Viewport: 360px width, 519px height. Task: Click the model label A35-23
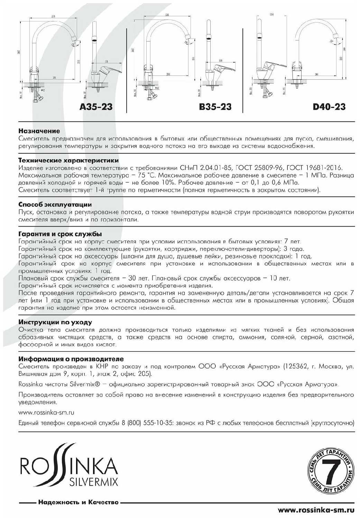(96, 107)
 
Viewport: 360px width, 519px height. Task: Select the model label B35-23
(215, 107)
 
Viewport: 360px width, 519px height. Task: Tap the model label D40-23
(329, 107)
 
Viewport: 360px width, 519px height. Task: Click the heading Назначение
(39, 131)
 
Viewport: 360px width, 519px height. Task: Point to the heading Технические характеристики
(68, 161)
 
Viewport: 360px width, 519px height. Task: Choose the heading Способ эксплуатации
(55, 204)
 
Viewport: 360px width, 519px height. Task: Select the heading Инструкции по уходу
(55, 322)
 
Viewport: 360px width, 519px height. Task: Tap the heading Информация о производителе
(71, 359)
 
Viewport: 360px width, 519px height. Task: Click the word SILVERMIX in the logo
(93, 482)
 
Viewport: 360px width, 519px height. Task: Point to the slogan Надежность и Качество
(78, 502)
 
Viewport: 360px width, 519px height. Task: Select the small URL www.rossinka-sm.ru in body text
(46, 412)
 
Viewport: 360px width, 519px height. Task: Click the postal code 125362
(295, 366)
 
